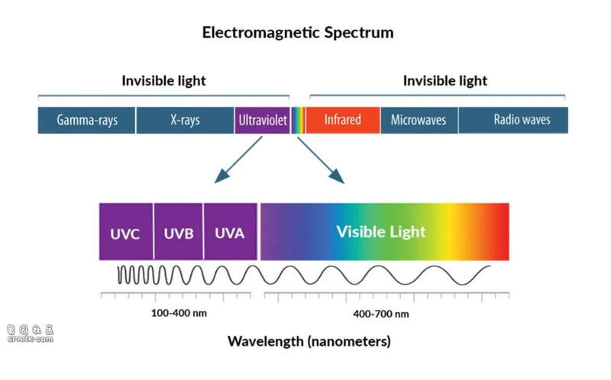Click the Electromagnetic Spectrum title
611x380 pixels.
[298, 32]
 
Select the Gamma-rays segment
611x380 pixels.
[86, 121]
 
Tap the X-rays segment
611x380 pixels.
[185, 121]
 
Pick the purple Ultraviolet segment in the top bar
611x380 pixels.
[262, 121]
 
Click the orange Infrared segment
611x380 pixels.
[343, 121]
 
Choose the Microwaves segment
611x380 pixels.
[419, 121]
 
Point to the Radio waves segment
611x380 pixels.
[513, 121]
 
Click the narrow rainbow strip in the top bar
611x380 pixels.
[298, 121]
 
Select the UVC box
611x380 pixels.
[126, 231]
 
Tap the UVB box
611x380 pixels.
[179, 231]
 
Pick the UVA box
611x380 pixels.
[231, 231]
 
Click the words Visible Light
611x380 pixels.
[381, 232]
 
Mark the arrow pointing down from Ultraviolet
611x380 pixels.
[238, 159]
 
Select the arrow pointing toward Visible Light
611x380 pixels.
[321, 160]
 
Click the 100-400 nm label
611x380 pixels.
[179, 313]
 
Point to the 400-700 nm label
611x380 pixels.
[381, 314]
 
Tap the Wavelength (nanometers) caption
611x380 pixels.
[309, 341]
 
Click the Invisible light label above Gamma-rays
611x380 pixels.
[163, 81]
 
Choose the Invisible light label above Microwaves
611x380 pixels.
[445, 81]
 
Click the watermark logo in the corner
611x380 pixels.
[30, 333]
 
